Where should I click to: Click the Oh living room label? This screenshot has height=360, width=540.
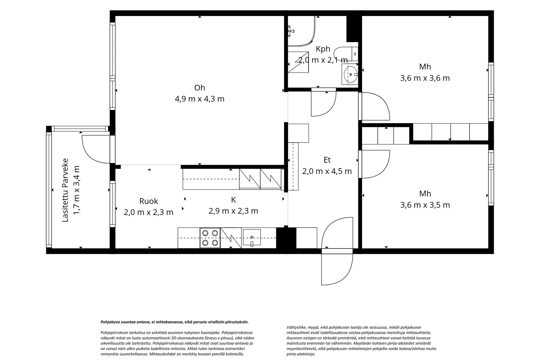click(200, 88)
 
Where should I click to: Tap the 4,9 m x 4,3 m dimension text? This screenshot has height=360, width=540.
click(200, 99)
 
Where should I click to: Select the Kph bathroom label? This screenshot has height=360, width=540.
click(323, 49)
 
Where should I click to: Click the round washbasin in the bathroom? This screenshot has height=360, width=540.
click(350, 74)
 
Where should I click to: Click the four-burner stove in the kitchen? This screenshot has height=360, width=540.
click(210, 238)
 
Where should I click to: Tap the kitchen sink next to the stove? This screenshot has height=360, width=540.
click(252, 237)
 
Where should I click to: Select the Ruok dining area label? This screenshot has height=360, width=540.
click(148, 201)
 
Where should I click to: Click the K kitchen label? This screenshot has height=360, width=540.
click(234, 200)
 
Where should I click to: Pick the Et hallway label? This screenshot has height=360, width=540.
click(327, 160)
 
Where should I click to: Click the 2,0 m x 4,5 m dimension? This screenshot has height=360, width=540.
click(327, 171)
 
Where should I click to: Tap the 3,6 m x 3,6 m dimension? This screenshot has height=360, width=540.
click(425, 78)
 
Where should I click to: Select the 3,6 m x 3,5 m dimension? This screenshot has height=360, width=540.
click(425, 205)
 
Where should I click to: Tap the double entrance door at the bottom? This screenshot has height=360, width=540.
click(337, 251)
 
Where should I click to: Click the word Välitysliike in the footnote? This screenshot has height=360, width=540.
click(296, 327)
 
